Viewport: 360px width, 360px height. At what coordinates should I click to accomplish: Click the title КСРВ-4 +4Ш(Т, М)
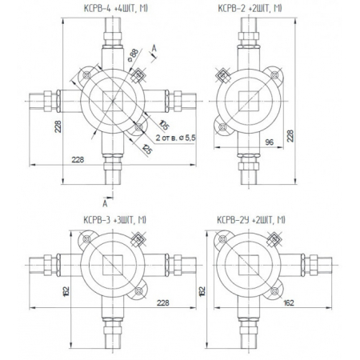coord(115,9)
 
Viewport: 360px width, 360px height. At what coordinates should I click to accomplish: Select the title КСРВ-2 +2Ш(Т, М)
coord(250,9)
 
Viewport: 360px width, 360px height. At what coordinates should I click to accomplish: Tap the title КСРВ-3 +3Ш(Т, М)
coord(114,220)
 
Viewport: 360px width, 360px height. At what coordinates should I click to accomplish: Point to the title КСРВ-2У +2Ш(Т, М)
coord(251,220)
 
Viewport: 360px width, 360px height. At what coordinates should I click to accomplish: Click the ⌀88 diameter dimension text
coord(133,55)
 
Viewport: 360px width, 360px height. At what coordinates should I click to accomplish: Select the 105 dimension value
coord(164,125)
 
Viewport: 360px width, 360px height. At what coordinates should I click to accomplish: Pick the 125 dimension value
coord(147,149)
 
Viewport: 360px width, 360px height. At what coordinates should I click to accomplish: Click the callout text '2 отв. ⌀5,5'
coord(175,138)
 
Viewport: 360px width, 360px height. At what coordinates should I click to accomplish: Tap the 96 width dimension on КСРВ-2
coord(270,142)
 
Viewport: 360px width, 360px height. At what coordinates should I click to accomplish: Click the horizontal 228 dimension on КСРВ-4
coord(78,160)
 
